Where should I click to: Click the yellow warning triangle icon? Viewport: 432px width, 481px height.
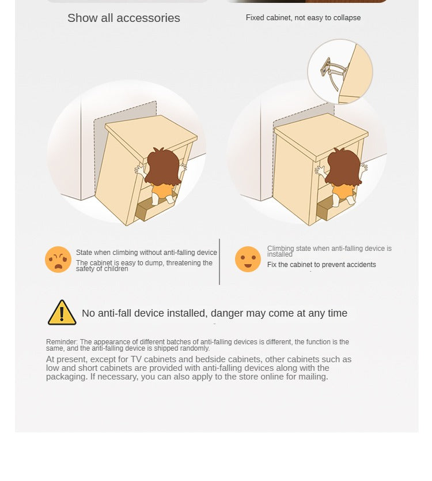(62, 313)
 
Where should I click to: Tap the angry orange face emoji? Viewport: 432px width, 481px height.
(58, 259)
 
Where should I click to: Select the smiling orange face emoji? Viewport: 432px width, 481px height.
(248, 259)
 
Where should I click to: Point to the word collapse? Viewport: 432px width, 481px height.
(347, 18)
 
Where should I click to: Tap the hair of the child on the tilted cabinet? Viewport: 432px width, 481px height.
(162, 167)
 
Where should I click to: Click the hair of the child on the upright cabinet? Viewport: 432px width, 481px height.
(343, 167)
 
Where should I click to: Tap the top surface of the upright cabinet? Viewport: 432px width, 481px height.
(321, 132)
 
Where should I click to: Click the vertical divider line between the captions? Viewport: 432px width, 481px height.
(219, 262)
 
